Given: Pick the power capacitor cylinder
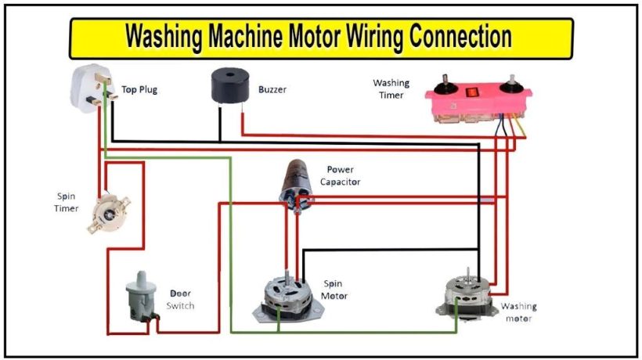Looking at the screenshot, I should point(296,185).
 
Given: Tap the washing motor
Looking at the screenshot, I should point(465,294).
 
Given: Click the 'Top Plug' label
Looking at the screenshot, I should point(139,90).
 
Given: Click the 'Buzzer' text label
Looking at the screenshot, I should point(272,90).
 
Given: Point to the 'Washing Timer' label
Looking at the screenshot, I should point(391,88).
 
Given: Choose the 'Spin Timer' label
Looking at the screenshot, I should point(66,203).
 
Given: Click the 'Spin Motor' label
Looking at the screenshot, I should point(334,290).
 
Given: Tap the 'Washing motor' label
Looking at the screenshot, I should point(519,312).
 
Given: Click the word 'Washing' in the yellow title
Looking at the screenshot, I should point(164,36).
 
